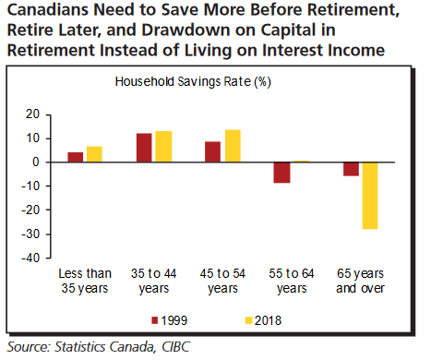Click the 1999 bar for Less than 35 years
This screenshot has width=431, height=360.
pyautogui.click(x=76, y=157)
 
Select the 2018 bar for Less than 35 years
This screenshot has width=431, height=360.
pyautogui.click(x=94, y=154)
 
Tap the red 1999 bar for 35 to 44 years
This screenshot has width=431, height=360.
pyautogui.click(x=144, y=148)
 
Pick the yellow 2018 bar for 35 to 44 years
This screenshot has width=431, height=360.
pyautogui.click(x=163, y=147)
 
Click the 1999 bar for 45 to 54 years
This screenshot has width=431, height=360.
pyautogui.click(x=212, y=151)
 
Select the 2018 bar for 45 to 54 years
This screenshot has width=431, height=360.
pyautogui.click(x=232, y=146)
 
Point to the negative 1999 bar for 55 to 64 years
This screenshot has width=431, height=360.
pyautogui.click(x=281, y=173)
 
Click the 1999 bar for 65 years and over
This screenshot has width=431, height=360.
pyautogui.click(x=351, y=169)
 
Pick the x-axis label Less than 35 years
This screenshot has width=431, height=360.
pyautogui.click(x=85, y=281)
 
